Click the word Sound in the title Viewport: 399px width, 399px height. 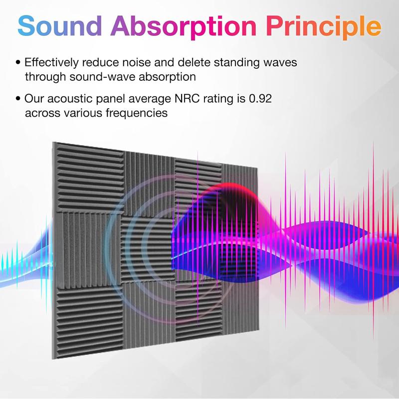60,26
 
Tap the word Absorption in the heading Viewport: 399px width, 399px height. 183,27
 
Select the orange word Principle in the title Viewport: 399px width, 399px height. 323,27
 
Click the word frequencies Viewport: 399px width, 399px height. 137,113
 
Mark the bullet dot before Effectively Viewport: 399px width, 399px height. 18,62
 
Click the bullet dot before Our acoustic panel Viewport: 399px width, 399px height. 18,99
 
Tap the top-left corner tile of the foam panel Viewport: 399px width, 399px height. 89,178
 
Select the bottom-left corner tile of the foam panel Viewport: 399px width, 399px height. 88,321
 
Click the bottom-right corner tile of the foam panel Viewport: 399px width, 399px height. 241,306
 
